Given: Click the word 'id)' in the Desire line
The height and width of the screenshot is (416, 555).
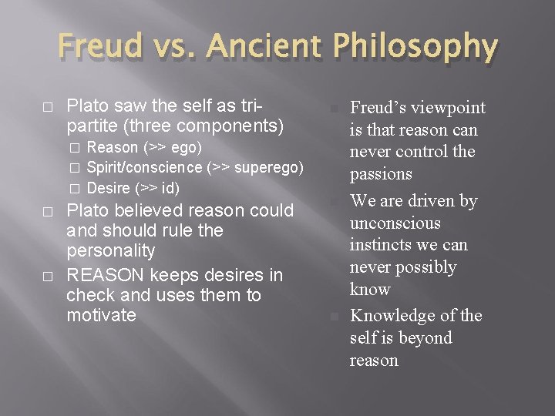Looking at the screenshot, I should click(x=170, y=188).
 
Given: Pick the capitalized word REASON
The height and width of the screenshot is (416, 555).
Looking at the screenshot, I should click(x=105, y=275).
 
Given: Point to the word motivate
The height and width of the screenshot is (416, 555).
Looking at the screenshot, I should click(x=101, y=315).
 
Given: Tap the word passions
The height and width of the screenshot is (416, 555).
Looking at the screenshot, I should click(x=381, y=174).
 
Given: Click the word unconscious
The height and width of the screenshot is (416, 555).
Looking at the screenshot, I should click(x=395, y=223).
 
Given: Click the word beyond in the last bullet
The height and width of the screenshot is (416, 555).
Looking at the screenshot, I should click(x=425, y=338).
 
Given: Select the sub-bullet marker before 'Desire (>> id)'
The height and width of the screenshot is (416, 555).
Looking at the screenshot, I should click(x=75, y=188).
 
